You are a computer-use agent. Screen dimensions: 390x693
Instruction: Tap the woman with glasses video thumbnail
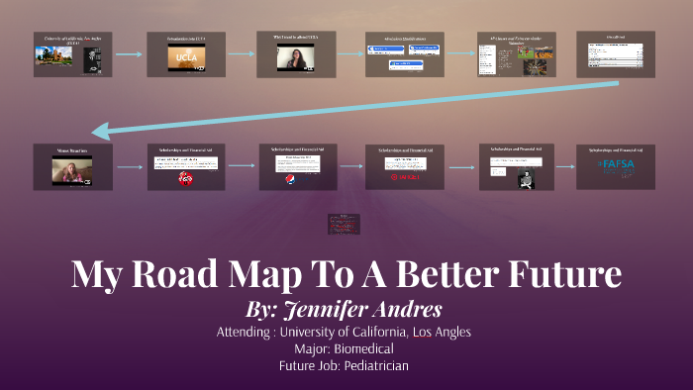point(297,58)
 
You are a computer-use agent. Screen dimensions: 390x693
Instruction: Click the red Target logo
point(408,177)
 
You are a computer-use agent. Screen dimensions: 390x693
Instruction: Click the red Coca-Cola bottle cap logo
point(185,179)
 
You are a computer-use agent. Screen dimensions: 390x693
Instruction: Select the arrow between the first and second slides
point(128,54)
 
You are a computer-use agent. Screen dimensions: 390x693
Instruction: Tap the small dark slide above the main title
point(345,225)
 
